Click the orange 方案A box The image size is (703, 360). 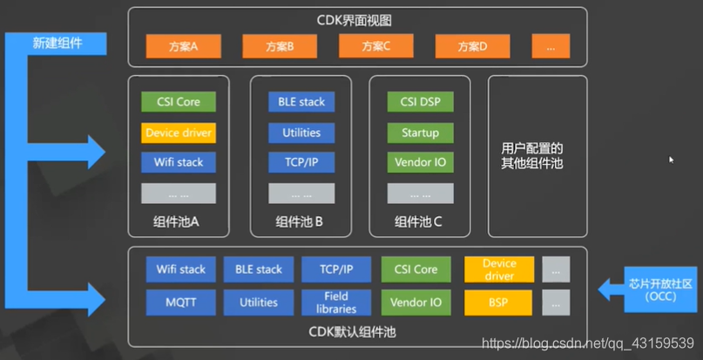coord(183,46)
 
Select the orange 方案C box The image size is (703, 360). coord(376,46)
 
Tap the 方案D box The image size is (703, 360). coord(472,46)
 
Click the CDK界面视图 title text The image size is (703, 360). coord(355,20)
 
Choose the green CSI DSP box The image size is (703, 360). coord(420,102)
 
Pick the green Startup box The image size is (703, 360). coord(420,133)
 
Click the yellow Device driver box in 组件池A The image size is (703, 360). coord(179,133)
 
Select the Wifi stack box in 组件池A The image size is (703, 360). coord(179,162)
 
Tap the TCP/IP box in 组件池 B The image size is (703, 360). coord(301,162)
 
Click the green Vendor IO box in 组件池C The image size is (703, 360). coord(420,162)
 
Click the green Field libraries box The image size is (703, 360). coord(336,302)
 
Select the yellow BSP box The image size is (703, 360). coord(498,302)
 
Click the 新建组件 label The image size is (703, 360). coord(57,43)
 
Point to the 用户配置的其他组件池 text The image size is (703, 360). coord(532,155)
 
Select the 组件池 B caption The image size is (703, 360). coord(299,221)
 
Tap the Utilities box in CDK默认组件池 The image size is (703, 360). coord(259,302)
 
